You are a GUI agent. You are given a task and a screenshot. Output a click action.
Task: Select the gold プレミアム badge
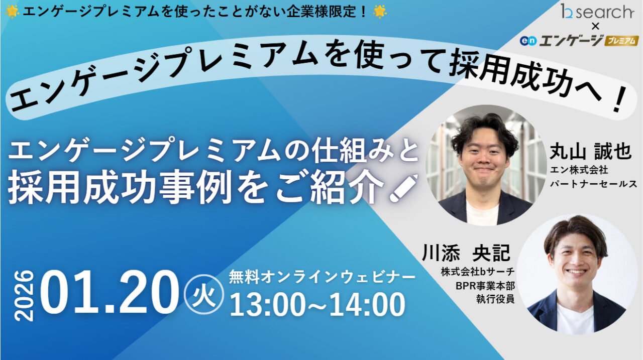[x=621, y=41]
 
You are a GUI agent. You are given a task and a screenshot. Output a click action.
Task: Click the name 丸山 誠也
[x=590, y=151]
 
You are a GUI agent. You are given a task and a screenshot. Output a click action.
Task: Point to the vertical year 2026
[x=24, y=296]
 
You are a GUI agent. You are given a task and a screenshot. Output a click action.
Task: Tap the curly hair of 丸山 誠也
[x=484, y=128]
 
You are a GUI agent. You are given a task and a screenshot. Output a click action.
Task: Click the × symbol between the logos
[x=595, y=26]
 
